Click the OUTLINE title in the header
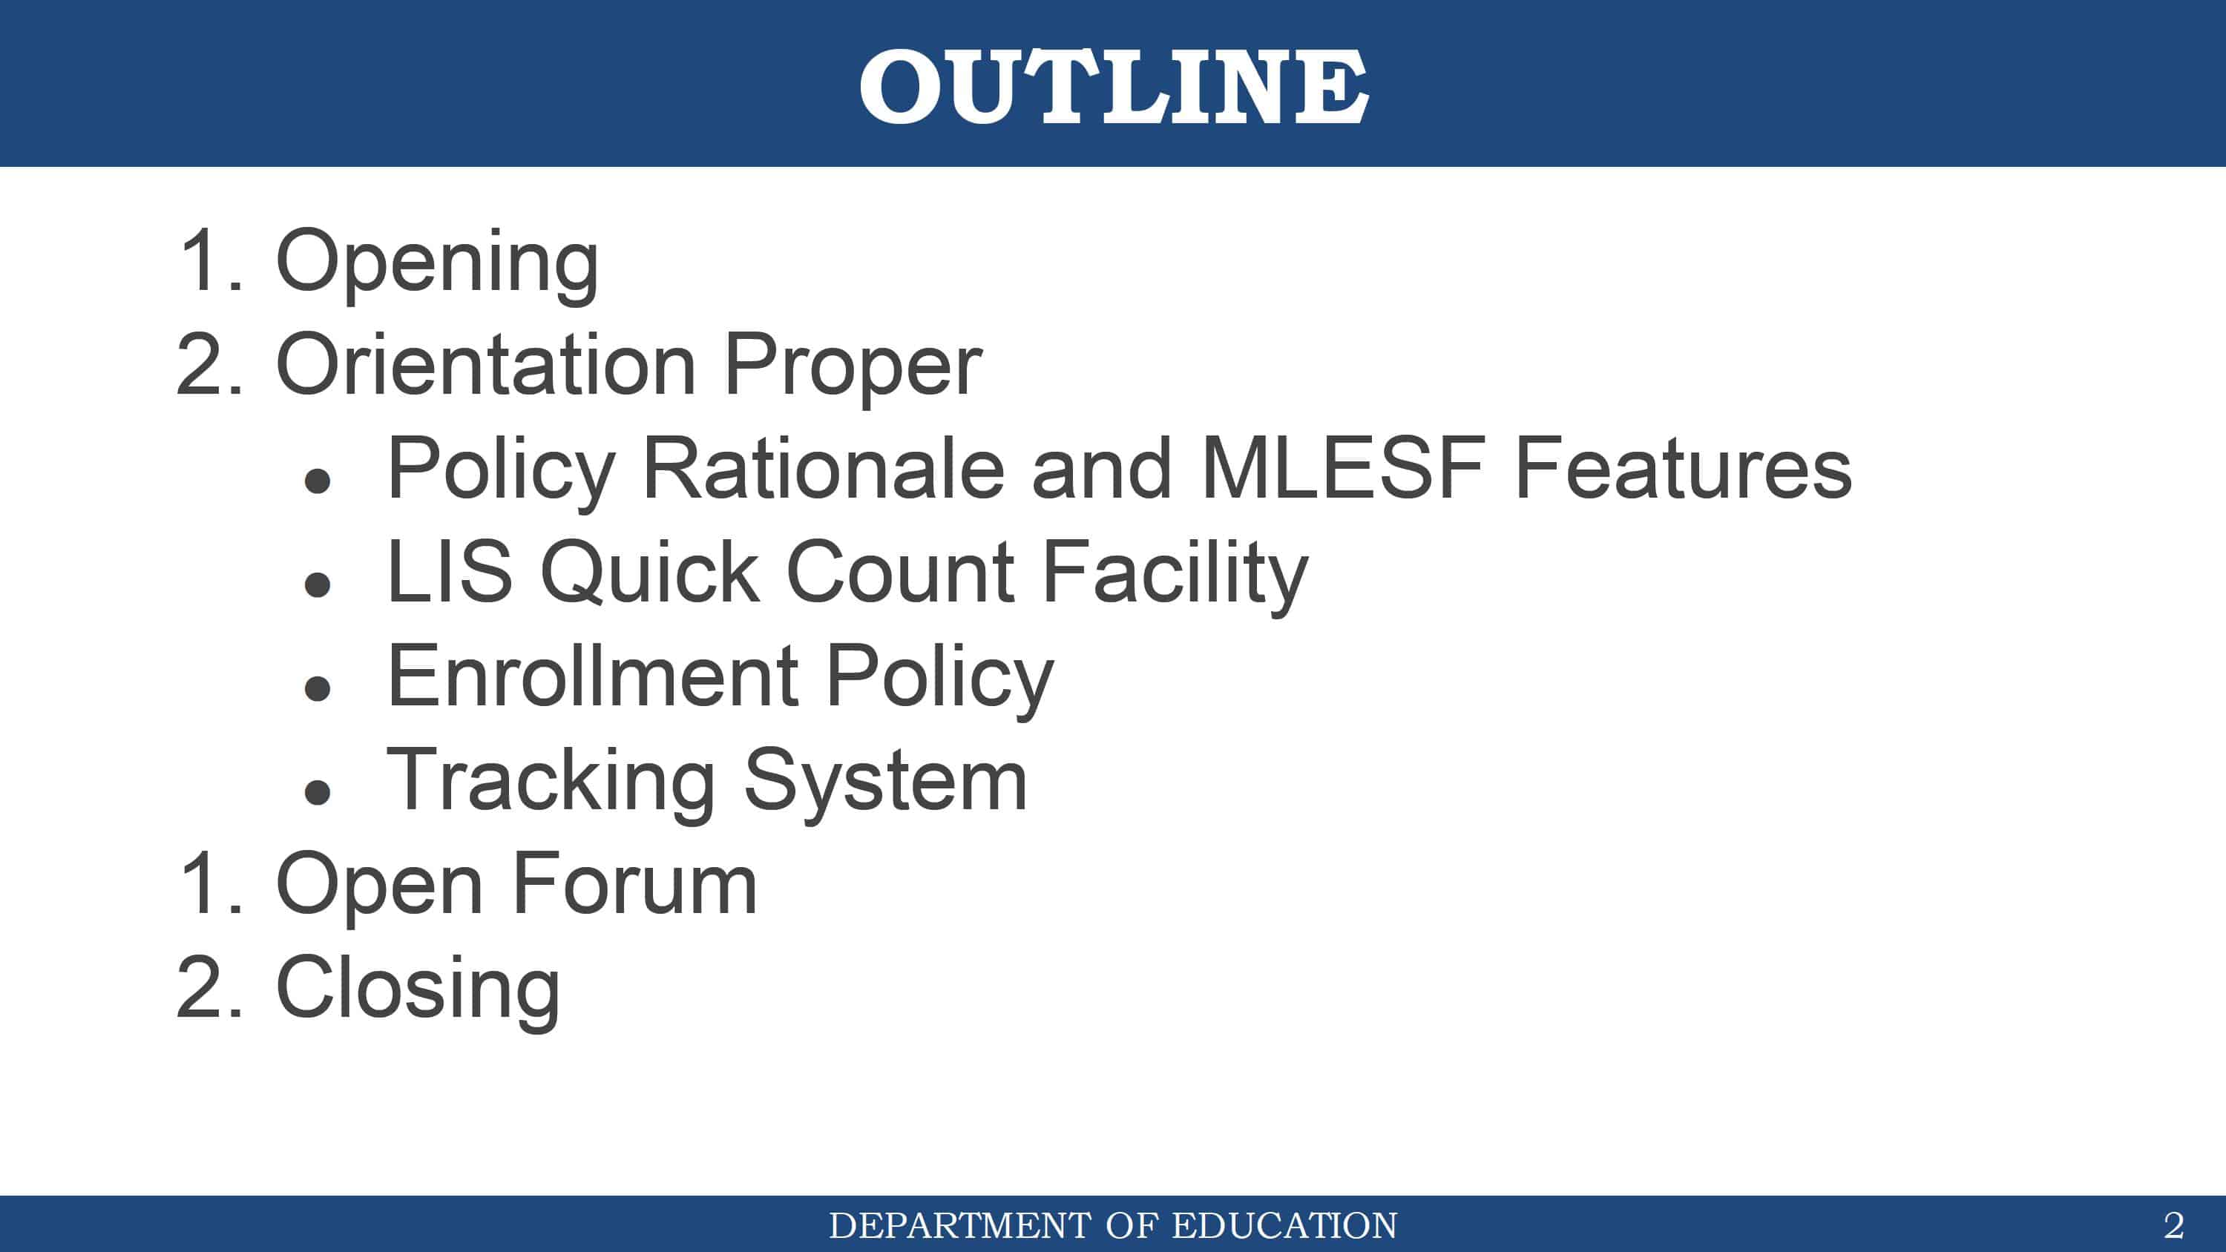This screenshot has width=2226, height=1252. pyautogui.click(x=1113, y=85)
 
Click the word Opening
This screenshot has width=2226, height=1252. pyautogui.click(x=437, y=263)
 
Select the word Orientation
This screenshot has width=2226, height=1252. pyautogui.click(x=486, y=365)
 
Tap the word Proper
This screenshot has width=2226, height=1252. pyautogui.click(x=853, y=368)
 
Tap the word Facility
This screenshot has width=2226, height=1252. pyautogui.click(x=1175, y=576)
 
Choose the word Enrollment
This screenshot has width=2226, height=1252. pyautogui.click(x=593, y=676)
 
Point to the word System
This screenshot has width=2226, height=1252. pyautogui.click(x=886, y=782)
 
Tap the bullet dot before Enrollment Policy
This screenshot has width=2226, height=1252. pyautogui.click(x=318, y=688)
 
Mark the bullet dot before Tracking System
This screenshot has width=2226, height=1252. pyautogui.click(x=318, y=791)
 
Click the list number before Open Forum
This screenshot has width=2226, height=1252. pyautogui.click(x=211, y=883)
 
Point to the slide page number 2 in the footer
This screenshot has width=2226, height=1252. pyautogui.click(x=2173, y=1225)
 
